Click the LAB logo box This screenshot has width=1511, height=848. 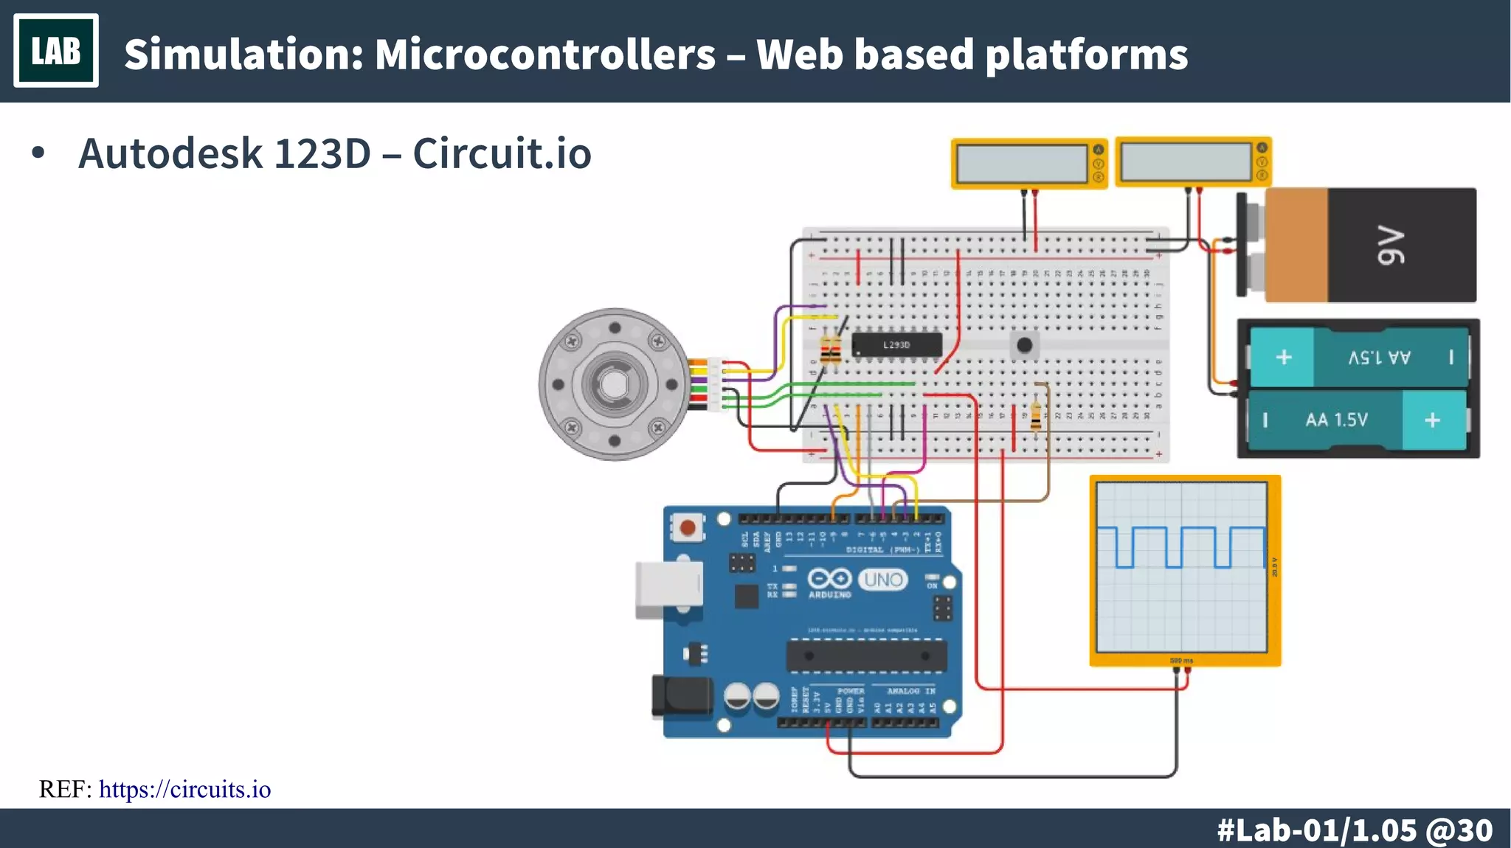(x=56, y=51)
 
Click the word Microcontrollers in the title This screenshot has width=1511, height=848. (x=544, y=55)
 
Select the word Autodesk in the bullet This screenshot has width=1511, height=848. (x=170, y=153)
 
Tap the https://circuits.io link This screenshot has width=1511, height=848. (x=184, y=789)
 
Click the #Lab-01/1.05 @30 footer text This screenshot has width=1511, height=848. (x=1354, y=830)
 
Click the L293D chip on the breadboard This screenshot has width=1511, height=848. (x=896, y=344)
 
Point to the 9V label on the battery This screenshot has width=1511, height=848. (x=1391, y=246)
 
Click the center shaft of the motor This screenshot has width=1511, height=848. (x=614, y=384)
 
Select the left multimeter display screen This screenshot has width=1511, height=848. (x=1020, y=163)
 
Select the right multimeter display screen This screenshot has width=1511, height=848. (x=1185, y=161)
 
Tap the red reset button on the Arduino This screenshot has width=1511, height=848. (x=688, y=527)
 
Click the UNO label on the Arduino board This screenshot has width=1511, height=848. (x=883, y=580)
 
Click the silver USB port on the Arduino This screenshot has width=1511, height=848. (x=668, y=588)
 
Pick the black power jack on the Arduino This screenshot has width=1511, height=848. (x=680, y=696)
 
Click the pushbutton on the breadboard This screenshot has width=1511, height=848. (x=1024, y=344)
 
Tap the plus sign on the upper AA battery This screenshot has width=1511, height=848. (x=1284, y=357)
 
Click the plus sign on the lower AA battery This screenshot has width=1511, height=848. (x=1432, y=420)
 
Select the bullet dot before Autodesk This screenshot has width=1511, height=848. (x=38, y=153)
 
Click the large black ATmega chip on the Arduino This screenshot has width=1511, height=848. (x=866, y=656)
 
